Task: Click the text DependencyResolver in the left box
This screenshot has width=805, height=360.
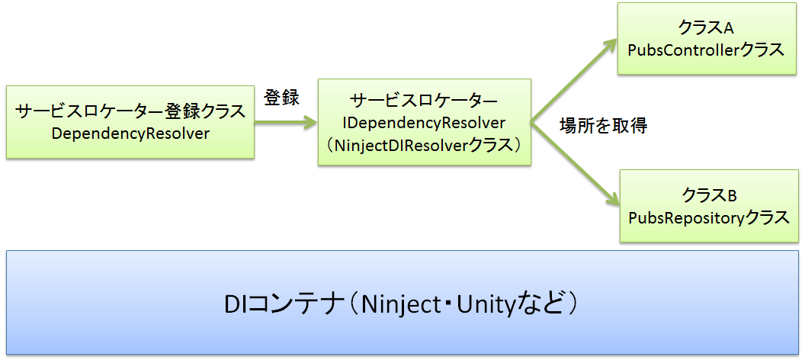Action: [x=130, y=133]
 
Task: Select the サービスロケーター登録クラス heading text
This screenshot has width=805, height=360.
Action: [x=130, y=111]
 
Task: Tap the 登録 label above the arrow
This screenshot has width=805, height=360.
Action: [x=281, y=98]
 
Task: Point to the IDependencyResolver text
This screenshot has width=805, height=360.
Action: [x=425, y=122]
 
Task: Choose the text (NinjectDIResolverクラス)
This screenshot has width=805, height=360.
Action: [x=425, y=144]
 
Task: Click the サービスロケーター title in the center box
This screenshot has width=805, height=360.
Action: [x=425, y=101]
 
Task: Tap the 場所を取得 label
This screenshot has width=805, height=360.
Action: [x=603, y=126]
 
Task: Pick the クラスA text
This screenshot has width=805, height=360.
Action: [x=705, y=28]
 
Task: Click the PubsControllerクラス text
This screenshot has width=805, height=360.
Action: [x=705, y=50]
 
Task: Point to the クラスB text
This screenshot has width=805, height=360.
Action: [x=708, y=196]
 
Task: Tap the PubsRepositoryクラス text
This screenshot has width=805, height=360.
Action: [x=708, y=217]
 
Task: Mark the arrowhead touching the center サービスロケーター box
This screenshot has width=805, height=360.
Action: [x=309, y=121]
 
